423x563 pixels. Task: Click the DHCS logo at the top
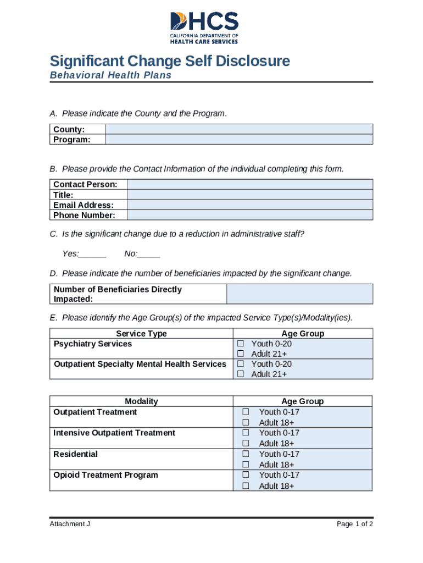tap(204, 27)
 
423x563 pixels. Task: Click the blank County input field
tap(238, 129)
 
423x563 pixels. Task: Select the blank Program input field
tap(238, 140)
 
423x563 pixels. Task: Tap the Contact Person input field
tap(249, 184)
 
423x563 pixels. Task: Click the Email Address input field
tap(249, 205)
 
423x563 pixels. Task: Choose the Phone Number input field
tap(249, 215)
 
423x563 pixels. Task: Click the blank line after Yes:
tap(93, 254)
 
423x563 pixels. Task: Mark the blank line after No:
tap(149, 254)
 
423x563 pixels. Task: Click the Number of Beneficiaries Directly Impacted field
tap(299, 294)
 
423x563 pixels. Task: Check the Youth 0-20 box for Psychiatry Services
tap(240, 344)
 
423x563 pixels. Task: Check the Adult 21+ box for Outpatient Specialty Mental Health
tap(240, 374)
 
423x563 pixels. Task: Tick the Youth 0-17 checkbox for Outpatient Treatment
tap(246, 412)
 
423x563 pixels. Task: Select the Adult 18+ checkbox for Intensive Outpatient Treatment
tap(246, 443)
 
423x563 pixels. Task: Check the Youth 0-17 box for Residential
tap(246, 454)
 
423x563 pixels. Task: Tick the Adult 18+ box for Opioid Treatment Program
tap(246, 486)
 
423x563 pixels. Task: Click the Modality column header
tap(141, 401)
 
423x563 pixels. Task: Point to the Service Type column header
tap(141, 334)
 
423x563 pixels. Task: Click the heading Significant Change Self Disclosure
tap(170, 60)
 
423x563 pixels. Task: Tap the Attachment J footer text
tap(70, 524)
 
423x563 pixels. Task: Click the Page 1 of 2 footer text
tap(355, 524)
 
